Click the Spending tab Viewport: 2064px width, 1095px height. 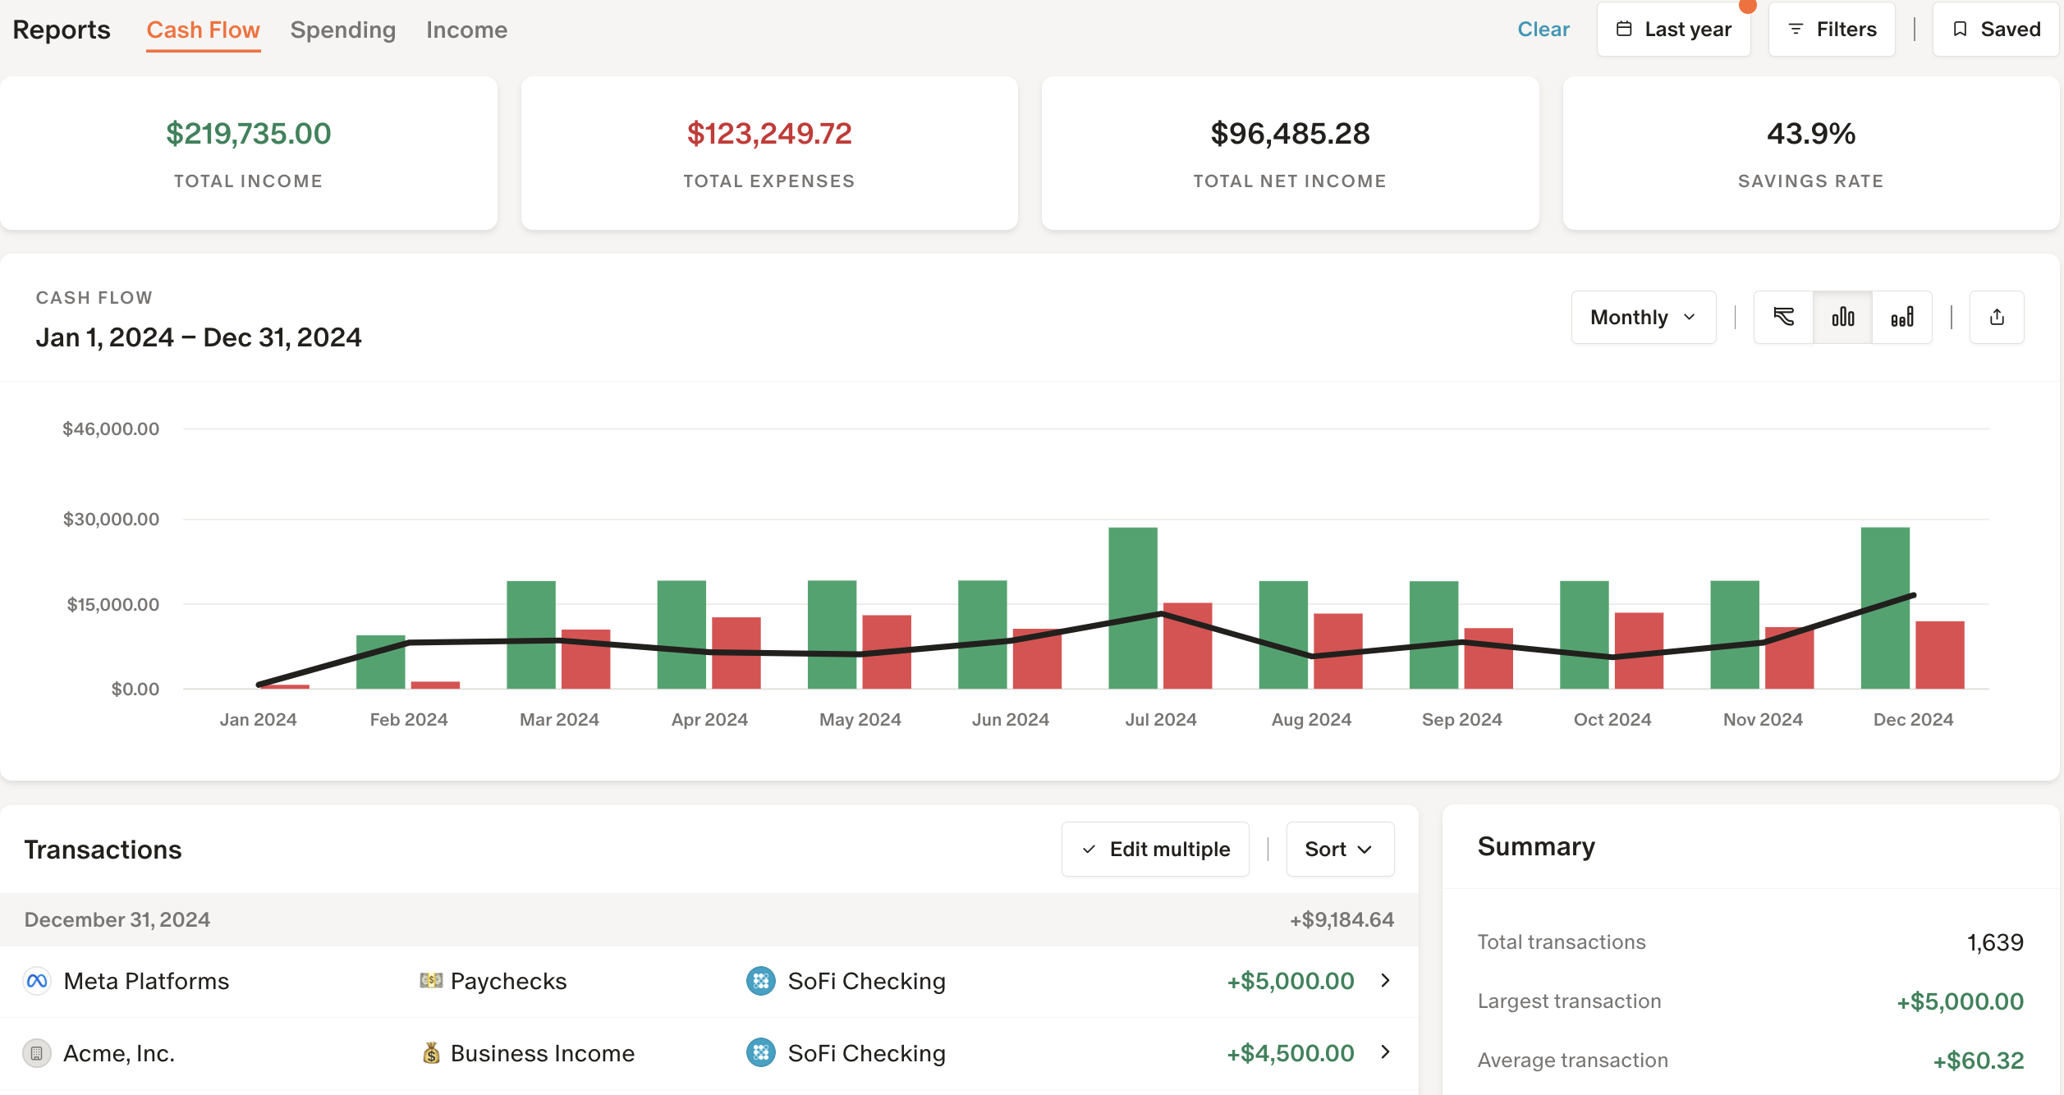(x=342, y=30)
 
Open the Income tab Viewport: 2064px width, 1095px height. (x=466, y=30)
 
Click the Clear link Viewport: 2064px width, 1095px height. (x=1543, y=30)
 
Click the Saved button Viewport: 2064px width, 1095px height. (x=1995, y=30)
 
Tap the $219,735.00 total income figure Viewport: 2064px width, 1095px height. (x=248, y=134)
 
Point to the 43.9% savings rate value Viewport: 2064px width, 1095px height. (x=1810, y=134)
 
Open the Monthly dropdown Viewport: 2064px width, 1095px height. (x=1643, y=318)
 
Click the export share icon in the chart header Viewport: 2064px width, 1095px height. (x=1996, y=318)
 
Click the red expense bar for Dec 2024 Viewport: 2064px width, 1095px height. (x=1939, y=655)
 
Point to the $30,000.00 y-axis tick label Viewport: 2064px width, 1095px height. (x=111, y=520)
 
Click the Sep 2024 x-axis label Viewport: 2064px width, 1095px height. (x=1461, y=720)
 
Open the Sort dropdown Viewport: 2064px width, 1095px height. (x=1339, y=850)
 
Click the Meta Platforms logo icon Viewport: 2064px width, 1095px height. (x=37, y=981)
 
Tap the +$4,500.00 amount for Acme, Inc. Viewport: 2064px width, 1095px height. (x=1290, y=1053)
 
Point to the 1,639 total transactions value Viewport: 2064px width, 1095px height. (x=1994, y=942)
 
